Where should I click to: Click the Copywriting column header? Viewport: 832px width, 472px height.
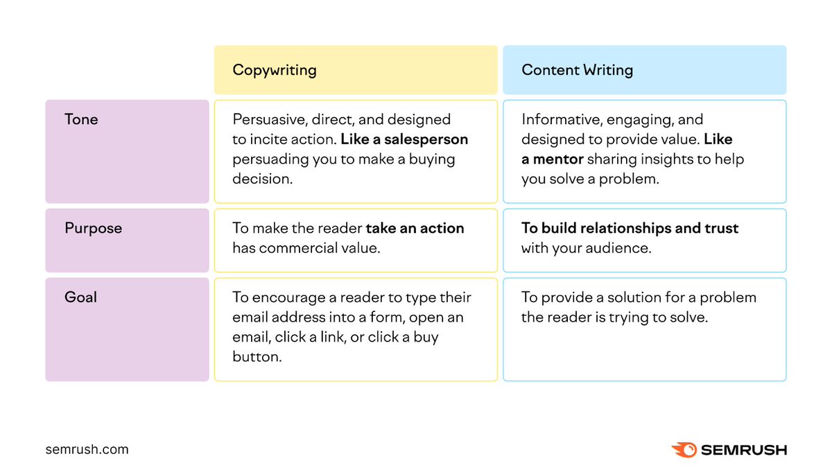point(275,70)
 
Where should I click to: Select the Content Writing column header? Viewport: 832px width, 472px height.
point(577,70)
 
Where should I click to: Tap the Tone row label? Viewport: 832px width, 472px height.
point(81,119)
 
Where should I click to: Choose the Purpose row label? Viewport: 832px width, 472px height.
point(93,228)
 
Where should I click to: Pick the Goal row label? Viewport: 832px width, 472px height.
point(80,297)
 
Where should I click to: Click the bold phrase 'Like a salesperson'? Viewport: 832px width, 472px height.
point(404,139)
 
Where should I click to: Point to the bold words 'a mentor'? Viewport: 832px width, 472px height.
point(553,159)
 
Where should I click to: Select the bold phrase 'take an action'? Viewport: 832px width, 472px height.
point(415,228)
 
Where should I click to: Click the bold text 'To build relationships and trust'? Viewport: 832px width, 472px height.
point(630,228)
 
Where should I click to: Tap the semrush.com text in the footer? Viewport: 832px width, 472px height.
point(87,449)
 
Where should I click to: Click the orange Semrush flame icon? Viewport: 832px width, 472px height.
point(684,450)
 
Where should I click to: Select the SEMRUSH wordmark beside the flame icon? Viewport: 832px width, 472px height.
point(743,450)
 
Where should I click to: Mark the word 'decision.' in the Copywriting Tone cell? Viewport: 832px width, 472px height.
point(263,179)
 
